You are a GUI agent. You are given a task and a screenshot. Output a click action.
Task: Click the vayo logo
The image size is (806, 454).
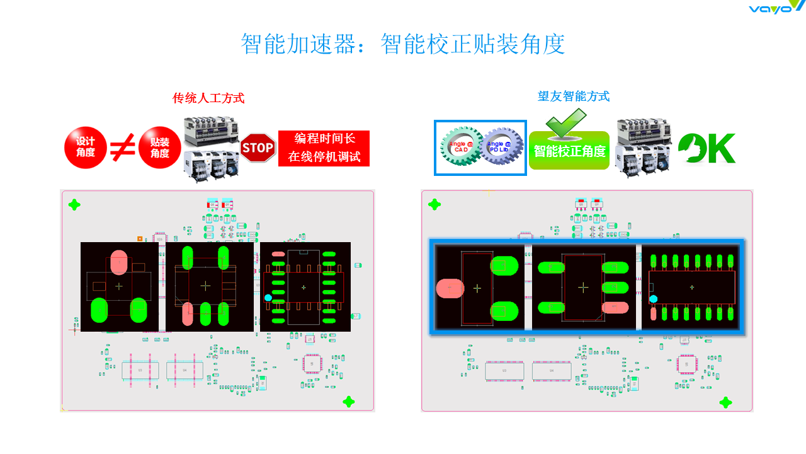click(x=776, y=7)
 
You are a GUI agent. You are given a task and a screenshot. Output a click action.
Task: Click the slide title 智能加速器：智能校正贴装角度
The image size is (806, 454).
click(x=402, y=44)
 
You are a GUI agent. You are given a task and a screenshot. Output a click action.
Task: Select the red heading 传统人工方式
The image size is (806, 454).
click(x=208, y=98)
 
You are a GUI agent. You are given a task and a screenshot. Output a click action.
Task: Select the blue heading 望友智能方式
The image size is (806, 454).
click(x=573, y=96)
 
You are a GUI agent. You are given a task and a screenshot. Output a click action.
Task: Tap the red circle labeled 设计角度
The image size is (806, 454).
click(x=85, y=148)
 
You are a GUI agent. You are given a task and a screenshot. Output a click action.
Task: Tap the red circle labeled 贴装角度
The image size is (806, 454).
click(x=159, y=148)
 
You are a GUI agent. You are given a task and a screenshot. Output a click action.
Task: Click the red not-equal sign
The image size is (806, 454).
click(x=123, y=148)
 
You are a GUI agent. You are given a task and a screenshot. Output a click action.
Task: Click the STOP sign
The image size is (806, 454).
click(x=258, y=148)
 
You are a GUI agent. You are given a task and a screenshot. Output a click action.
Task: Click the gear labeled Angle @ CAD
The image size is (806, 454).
click(x=459, y=148)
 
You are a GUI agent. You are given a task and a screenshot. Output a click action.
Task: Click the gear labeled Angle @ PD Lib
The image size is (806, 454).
click(x=500, y=148)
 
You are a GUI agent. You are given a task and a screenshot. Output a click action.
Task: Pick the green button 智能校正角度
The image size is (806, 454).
click(x=569, y=151)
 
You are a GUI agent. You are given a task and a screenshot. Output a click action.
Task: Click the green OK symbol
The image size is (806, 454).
click(x=707, y=148)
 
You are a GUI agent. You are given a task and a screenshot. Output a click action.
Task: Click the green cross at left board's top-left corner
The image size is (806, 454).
click(x=74, y=204)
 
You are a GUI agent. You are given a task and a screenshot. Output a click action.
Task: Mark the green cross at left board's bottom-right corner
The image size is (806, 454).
click(x=348, y=402)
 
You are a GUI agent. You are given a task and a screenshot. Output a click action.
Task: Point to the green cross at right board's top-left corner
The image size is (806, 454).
click(x=434, y=204)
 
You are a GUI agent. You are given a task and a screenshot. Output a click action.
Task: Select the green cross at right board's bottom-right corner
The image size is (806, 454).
click(x=725, y=402)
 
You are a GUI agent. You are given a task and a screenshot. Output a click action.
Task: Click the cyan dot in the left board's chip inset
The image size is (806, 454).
click(x=268, y=298)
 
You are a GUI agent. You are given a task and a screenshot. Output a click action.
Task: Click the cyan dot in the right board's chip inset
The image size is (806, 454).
click(x=654, y=299)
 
